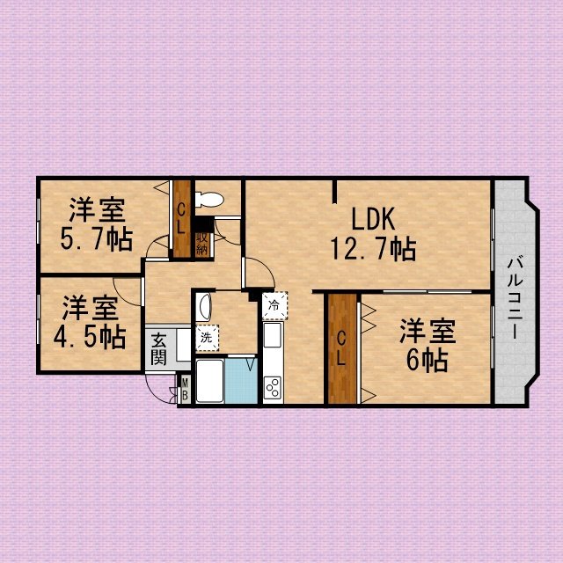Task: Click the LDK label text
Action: [373, 219]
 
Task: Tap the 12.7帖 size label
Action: [373, 249]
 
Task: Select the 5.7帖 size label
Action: [97, 239]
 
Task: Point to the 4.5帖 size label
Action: [90, 337]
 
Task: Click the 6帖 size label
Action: [427, 360]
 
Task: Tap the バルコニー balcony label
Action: [515, 297]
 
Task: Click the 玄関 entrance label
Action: [158, 348]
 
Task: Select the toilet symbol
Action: [209, 200]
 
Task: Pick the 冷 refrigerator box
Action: [275, 305]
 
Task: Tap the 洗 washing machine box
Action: [208, 338]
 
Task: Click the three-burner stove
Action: [273, 387]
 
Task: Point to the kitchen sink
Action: [273, 335]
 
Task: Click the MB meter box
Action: [185, 390]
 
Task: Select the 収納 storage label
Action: [202, 245]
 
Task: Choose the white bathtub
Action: [210, 381]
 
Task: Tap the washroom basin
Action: [204, 307]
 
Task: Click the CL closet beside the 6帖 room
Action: [342, 349]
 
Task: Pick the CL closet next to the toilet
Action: [182, 219]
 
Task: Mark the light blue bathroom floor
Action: [241, 381]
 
